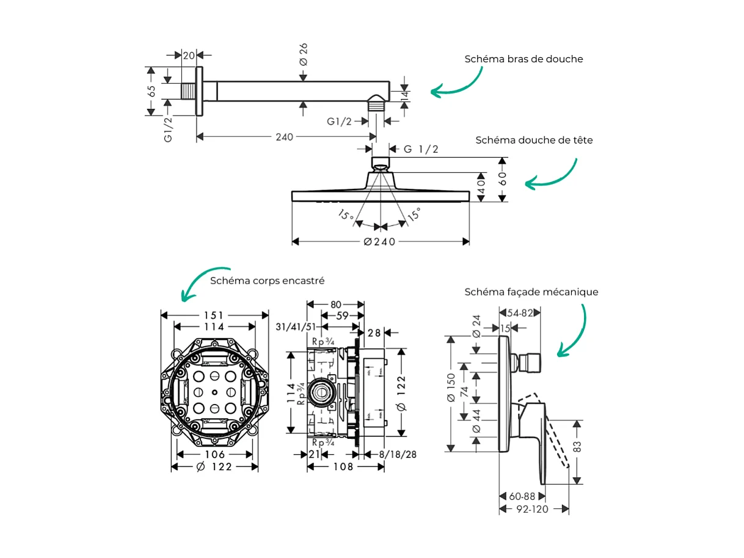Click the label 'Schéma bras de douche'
(523, 59)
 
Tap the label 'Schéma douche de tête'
(534, 140)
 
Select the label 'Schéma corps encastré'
(267, 281)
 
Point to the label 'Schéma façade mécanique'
(531, 292)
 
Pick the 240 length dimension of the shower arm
(284, 137)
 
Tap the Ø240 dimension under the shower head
(379, 242)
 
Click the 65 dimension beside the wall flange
(151, 91)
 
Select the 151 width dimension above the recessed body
(214, 315)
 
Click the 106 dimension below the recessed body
(214, 454)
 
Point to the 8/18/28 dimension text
(398, 454)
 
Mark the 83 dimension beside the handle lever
(577, 446)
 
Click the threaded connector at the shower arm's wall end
(188, 92)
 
